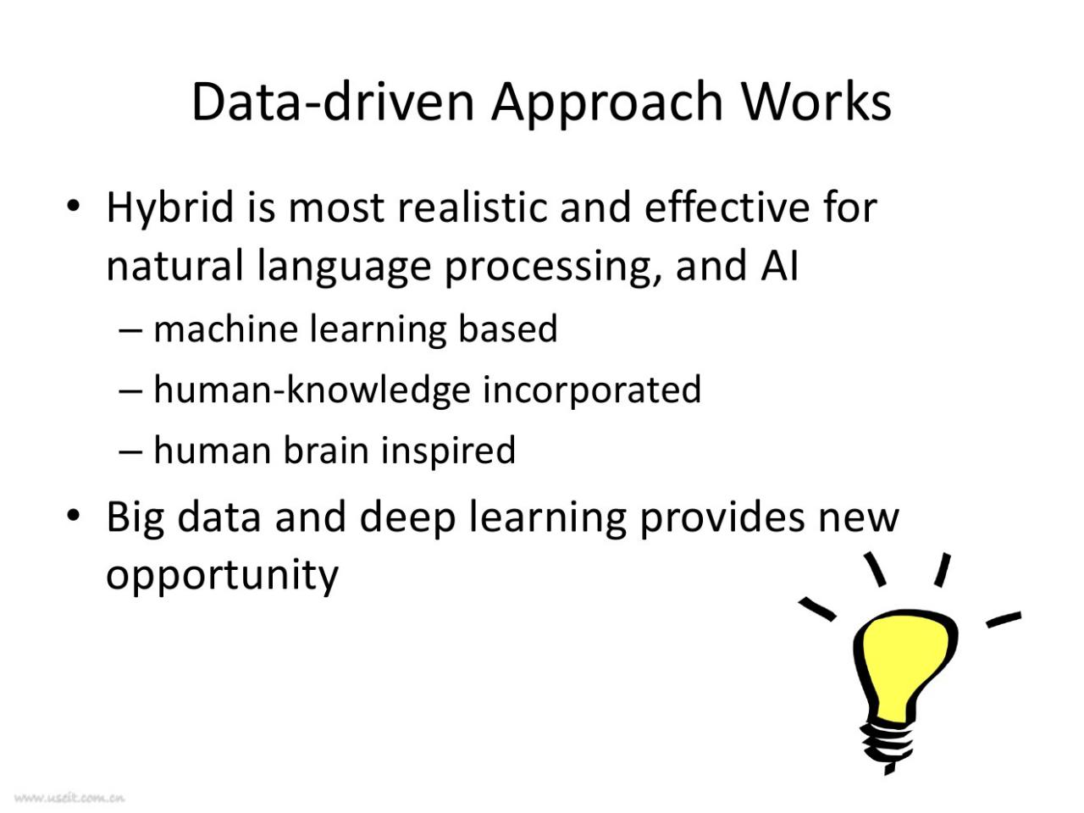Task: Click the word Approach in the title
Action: click(x=607, y=103)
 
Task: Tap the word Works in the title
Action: click(x=817, y=101)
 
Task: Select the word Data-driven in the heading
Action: click(x=333, y=101)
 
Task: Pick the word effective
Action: click(x=727, y=207)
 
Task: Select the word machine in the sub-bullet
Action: click(x=225, y=329)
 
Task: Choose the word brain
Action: click(x=326, y=450)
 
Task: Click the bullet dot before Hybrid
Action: click(x=73, y=207)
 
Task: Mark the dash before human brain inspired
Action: click(x=131, y=451)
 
